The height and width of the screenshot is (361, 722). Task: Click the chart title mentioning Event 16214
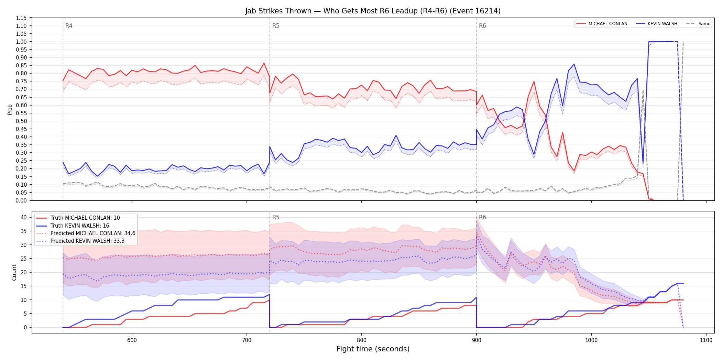373,11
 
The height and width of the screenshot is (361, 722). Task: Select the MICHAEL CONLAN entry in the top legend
602,24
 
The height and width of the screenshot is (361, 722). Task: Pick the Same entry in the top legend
698,24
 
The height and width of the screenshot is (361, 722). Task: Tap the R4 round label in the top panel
69,26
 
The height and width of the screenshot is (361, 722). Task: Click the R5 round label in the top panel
276,26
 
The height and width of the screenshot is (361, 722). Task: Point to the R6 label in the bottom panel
482,217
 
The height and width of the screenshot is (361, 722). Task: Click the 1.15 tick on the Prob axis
21,18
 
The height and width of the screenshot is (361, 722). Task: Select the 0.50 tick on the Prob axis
21,121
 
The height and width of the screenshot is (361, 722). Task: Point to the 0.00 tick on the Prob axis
21,200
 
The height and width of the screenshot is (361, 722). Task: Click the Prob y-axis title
10,109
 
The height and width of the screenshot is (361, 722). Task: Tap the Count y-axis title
14,272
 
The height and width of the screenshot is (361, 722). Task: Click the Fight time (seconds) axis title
373,349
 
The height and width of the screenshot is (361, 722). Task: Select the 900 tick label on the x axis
477,340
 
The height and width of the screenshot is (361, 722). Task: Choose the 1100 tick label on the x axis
706,340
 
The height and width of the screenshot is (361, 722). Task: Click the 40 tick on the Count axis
24,217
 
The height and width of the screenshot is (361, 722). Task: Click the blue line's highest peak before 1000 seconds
574,64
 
